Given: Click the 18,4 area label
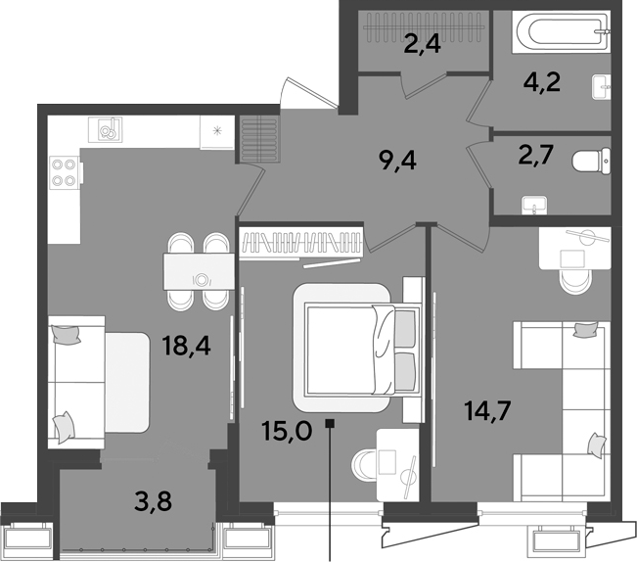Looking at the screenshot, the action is pyautogui.click(x=186, y=346).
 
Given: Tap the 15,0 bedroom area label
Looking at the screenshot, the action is pyautogui.click(x=288, y=431).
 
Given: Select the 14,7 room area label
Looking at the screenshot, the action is pyautogui.click(x=487, y=410).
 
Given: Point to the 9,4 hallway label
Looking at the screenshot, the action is pyautogui.click(x=397, y=161).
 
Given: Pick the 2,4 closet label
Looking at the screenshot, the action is pyautogui.click(x=422, y=44).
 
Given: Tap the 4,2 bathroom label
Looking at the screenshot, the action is pyautogui.click(x=542, y=82).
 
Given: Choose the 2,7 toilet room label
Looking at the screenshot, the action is pyautogui.click(x=536, y=155).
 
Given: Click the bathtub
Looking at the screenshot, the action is pyautogui.click(x=562, y=31).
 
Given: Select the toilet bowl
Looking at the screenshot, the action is pyautogui.click(x=591, y=162).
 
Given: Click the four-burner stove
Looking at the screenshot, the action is pyautogui.click(x=65, y=173).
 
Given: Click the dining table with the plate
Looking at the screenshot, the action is pyautogui.click(x=199, y=271).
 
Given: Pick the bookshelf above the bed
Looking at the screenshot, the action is pyautogui.click(x=301, y=243).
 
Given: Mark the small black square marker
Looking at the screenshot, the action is pyautogui.click(x=330, y=423).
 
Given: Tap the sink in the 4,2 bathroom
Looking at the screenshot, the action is pyautogui.click(x=601, y=86).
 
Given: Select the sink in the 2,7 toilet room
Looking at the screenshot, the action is pyautogui.click(x=534, y=206).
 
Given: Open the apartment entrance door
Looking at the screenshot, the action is pyautogui.click(x=309, y=93).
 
